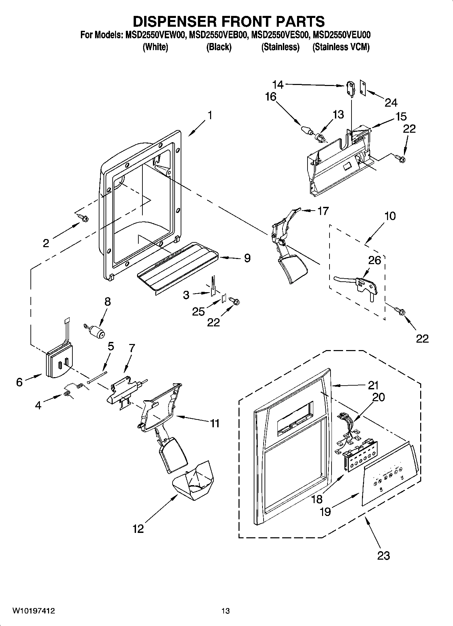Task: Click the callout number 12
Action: [138, 528]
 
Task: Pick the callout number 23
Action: [384, 555]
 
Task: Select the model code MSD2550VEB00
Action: [218, 35]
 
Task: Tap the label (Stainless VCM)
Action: [341, 47]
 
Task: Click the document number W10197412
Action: [33, 611]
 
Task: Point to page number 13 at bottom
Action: [226, 611]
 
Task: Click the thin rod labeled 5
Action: [97, 376]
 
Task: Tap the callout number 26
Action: [374, 260]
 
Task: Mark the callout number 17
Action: [323, 211]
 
